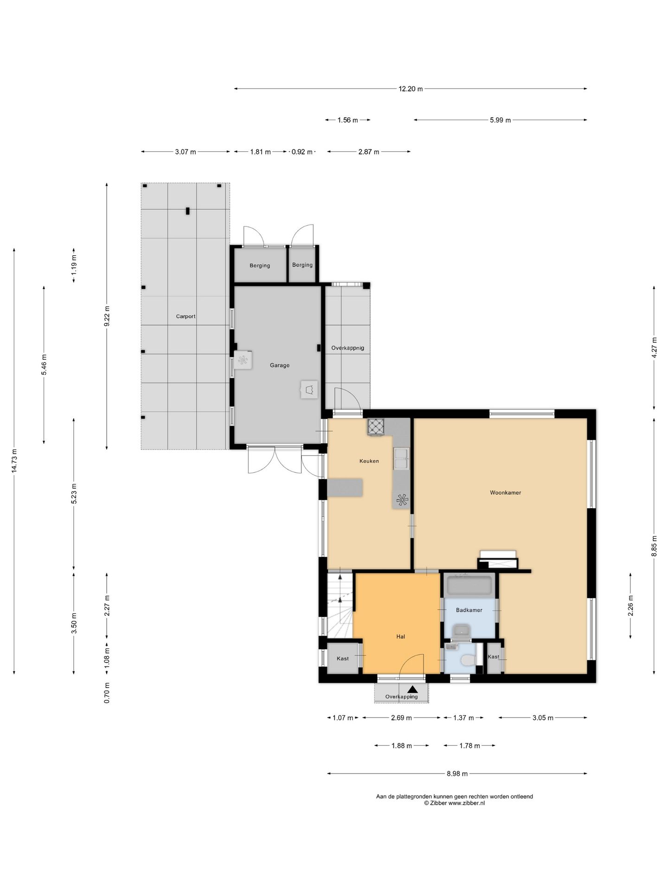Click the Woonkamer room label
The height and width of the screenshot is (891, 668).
point(505,492)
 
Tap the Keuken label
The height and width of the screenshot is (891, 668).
point(369,461)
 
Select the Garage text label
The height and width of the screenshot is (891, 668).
point(280,365)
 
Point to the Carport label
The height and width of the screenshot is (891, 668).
point(186,316)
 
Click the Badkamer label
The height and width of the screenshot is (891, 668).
point(469,610)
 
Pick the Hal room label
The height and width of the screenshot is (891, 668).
point(401,636)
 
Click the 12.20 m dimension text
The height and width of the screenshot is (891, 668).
point(411,89)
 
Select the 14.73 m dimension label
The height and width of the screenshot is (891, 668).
point(14,461)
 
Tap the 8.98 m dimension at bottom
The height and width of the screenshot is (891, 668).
point(457,774)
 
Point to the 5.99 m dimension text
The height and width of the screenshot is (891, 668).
point(500,120)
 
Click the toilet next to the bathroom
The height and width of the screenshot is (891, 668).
point(467,659)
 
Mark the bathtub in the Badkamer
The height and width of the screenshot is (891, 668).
point(469,585)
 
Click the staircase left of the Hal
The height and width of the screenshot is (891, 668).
point(340,605)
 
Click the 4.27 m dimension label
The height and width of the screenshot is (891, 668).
point(655,347)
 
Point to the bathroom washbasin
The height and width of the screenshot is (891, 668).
point(461,631)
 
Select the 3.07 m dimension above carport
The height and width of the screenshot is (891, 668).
point(185,152)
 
